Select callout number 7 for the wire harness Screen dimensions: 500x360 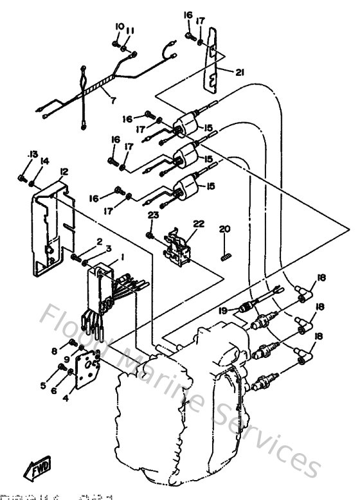click(113, 100)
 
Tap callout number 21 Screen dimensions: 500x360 click(240, 73)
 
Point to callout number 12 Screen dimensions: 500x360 click(64, 172)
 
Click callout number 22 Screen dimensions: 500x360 click(199, 224)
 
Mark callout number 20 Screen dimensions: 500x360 click(224, 229)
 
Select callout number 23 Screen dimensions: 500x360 click(152, 217)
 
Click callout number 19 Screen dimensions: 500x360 click(223, 310)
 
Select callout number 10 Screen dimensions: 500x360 click(119, 26)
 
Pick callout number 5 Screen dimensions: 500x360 click(43, 386)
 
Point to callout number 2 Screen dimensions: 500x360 click(100, 241)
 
